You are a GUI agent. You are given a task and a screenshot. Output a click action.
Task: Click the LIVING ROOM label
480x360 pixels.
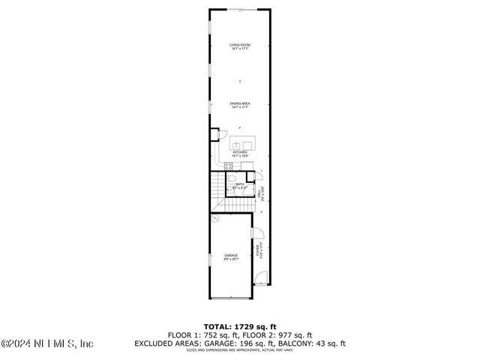[240, 46]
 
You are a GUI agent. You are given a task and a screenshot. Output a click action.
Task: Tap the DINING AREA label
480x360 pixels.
[240, 104]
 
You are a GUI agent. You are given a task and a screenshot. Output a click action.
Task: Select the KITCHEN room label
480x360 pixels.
[240, 153]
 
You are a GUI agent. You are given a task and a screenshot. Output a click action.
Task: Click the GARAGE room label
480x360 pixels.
[231, 257]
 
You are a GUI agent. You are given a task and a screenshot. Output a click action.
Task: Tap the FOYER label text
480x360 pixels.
[259, 250]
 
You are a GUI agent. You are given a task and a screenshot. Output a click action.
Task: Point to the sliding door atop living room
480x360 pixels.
[240, 9]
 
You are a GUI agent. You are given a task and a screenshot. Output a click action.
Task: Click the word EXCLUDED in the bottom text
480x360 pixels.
[155, 343]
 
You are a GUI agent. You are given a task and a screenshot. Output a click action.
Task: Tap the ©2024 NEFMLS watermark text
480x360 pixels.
[46, 344]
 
